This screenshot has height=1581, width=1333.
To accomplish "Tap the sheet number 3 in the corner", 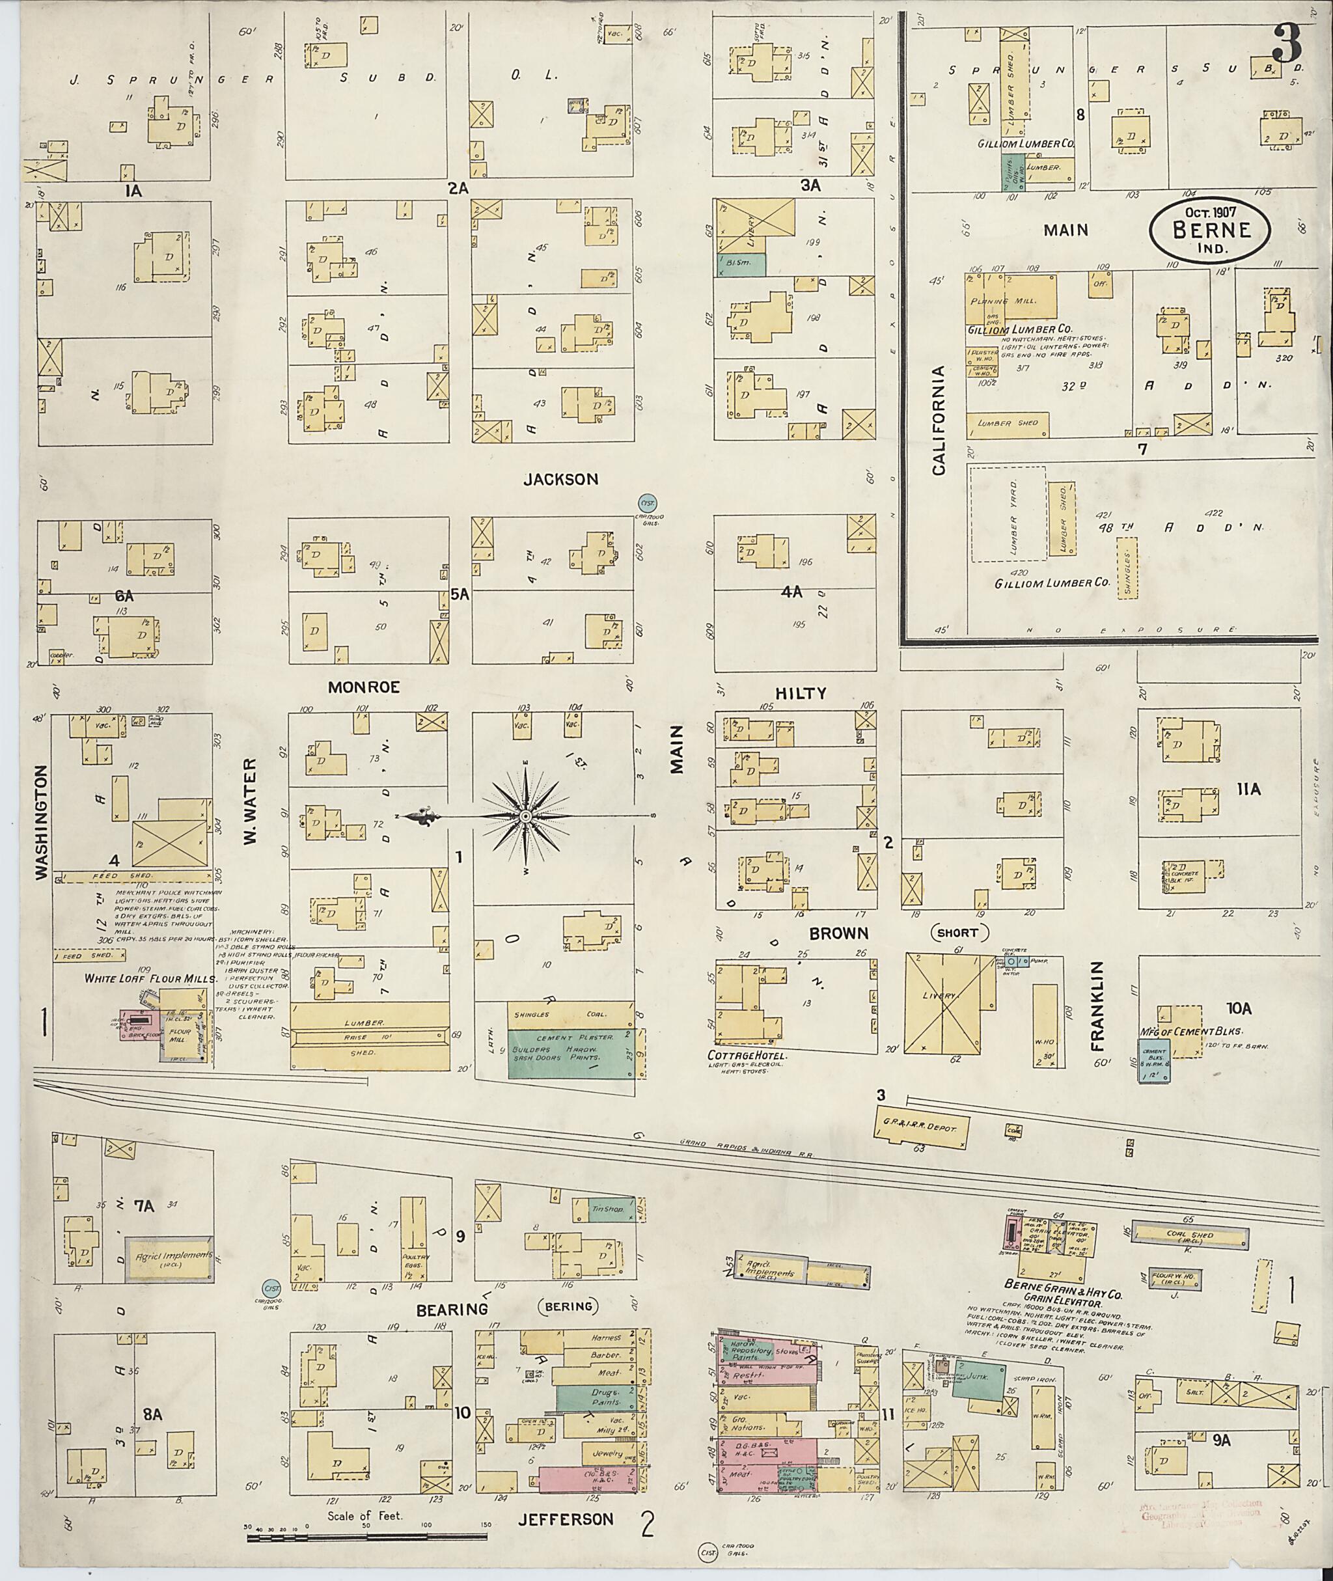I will (1286, 44).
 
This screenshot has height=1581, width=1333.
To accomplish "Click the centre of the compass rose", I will (525, 816).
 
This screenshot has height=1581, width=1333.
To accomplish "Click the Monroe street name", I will (363, 687).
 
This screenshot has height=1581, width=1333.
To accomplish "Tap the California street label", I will (939, 420).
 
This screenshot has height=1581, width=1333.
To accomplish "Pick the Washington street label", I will (42, 821).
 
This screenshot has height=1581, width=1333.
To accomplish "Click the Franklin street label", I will (1098, 1006).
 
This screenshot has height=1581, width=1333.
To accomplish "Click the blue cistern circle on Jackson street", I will (648, 503).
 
